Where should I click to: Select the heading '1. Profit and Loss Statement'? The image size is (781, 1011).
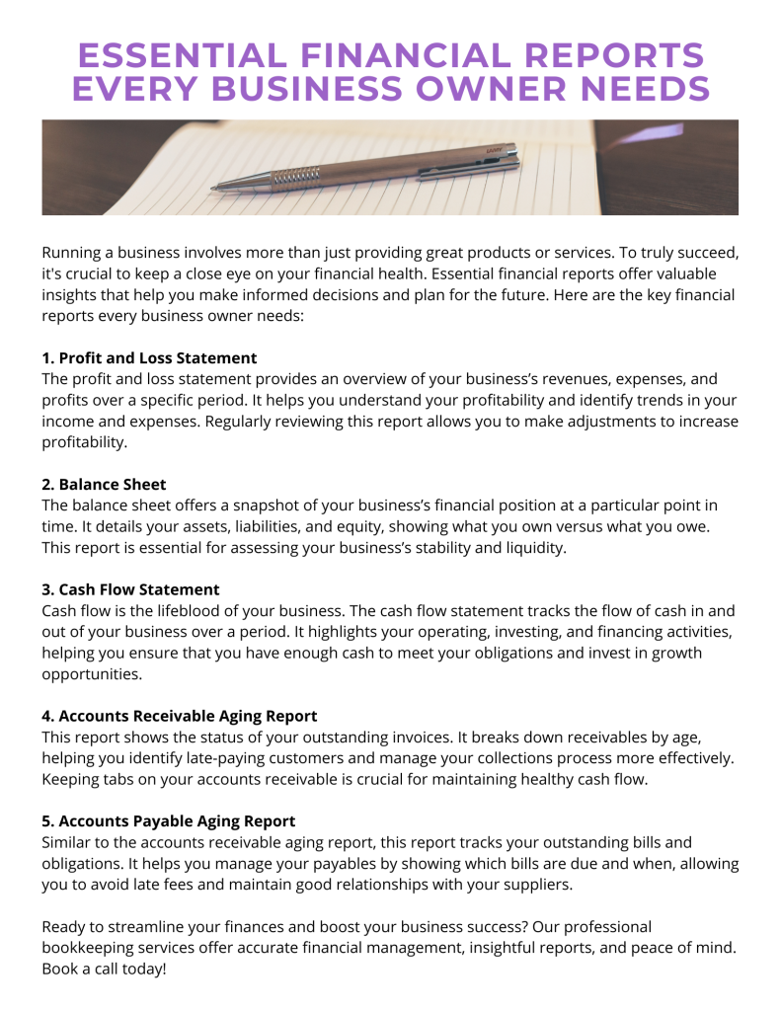coord(149,358)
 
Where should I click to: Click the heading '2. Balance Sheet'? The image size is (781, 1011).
coord(104,484)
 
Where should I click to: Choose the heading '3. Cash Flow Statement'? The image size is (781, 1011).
coord(130,589)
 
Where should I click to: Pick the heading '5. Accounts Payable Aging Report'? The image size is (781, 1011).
coord(168,820)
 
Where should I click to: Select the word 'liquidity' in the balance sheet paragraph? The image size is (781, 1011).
coord(534,547)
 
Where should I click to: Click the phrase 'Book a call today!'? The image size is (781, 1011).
coord(104,969)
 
